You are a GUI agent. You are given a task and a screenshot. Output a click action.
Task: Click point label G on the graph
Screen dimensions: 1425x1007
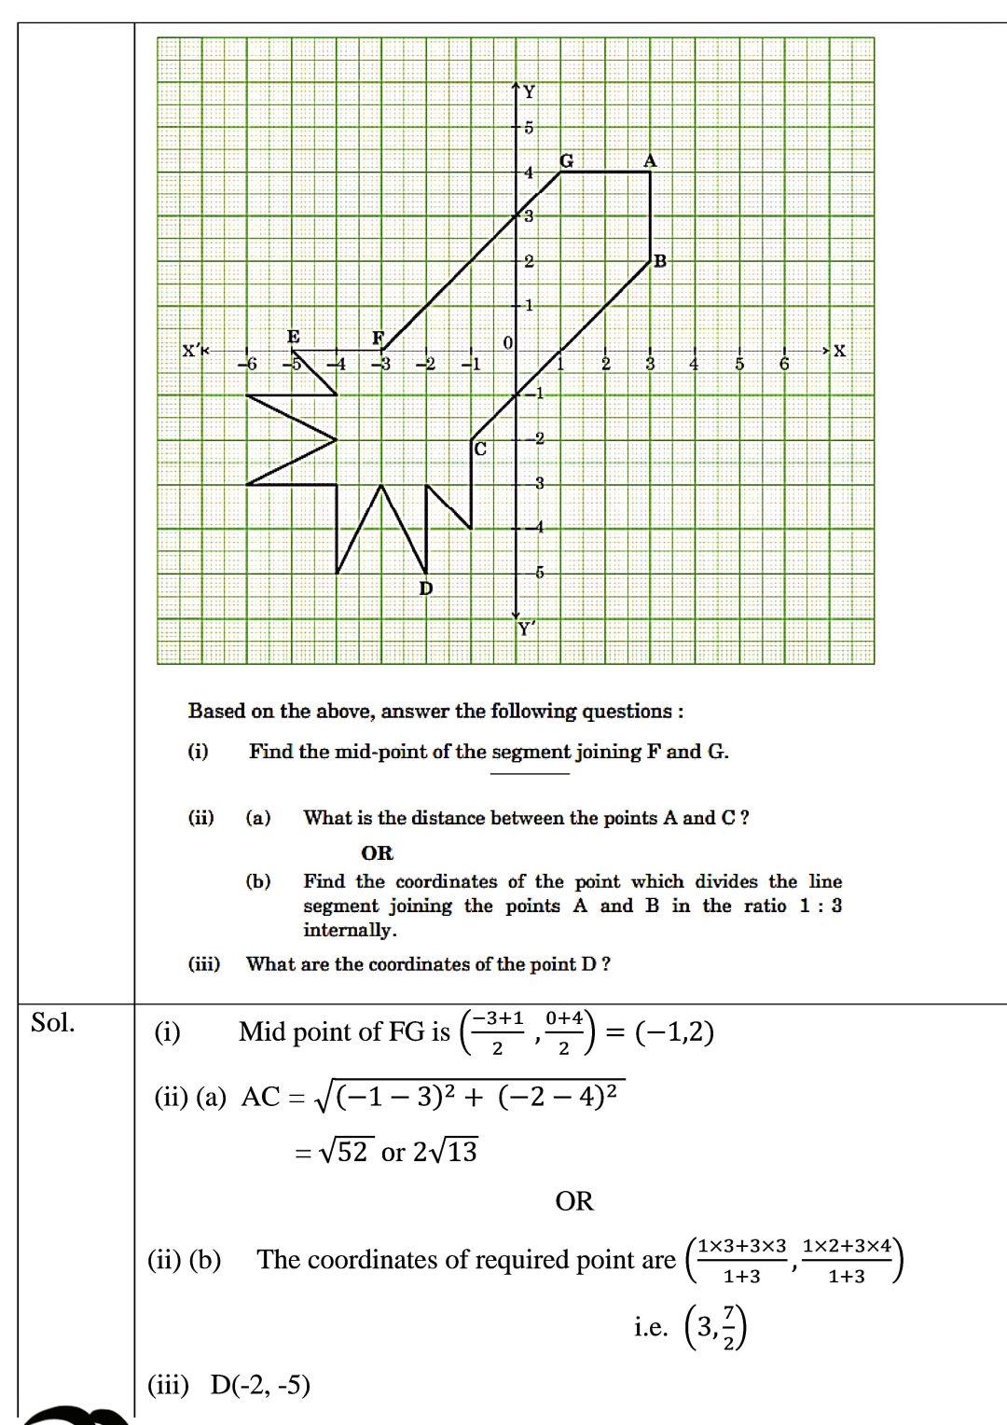(x=566, y=160)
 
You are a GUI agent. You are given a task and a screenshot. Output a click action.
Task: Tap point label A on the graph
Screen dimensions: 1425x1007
(x=650, y=160)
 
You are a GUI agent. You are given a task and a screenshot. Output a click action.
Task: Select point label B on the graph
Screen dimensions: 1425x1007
(x=660, y=261)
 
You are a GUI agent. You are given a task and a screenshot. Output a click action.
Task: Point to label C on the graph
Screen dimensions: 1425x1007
(x=480, y=450)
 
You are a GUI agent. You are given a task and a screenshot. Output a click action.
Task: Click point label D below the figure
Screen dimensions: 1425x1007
(x=426, y=588)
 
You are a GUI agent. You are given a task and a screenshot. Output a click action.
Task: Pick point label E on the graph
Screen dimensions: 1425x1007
(x=294, y=337)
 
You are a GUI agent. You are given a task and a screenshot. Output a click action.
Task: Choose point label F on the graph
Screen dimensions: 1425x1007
(x=378, y=338)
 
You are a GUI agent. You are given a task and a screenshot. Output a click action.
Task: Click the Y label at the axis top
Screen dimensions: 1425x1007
(x=530, y=91)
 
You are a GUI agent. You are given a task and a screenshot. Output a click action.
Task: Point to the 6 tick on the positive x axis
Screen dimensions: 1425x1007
(x=784, y=365)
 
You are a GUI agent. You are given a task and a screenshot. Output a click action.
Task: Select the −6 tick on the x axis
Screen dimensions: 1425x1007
(x=247, y=365)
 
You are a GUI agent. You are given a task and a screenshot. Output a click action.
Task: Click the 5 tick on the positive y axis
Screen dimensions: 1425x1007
(x=529, y=128)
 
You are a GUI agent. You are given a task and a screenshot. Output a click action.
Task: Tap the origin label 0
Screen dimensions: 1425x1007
(x=507, y=343)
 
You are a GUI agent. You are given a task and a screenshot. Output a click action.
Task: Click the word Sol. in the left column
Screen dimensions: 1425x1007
(x=52, y=1023)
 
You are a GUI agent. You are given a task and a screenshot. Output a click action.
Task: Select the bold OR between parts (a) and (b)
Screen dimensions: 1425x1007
(x=377, y=853)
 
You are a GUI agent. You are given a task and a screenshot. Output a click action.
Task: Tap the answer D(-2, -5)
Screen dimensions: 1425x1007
(x=260, y=1385)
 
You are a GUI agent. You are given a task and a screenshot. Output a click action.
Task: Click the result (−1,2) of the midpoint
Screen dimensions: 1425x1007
(x=674, y=1032)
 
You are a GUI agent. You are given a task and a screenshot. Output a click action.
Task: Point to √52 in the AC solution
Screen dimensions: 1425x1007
(x=346, y=1153)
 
